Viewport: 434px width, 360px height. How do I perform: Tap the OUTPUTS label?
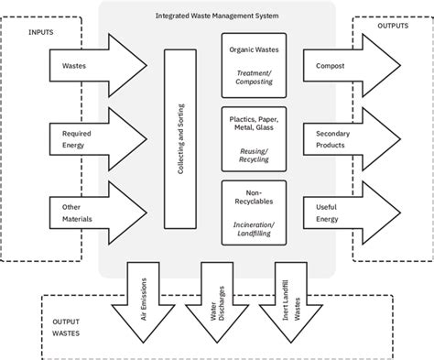(394, 27)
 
